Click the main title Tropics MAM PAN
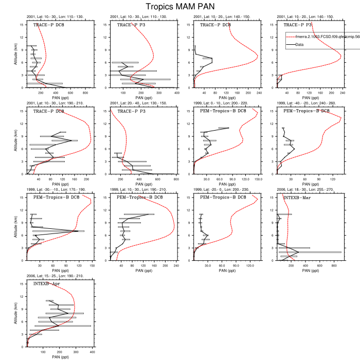click(x=179, y=7)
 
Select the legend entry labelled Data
click(x=303, y=45)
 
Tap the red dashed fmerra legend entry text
click(x=323, y=37)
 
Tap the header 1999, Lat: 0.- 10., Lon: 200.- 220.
click(x=222, y=103)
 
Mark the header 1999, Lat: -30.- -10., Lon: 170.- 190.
click(x=57, y=189)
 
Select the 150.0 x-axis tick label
click(x=259, y=179)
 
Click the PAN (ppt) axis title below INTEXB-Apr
click(x=61, y=357)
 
